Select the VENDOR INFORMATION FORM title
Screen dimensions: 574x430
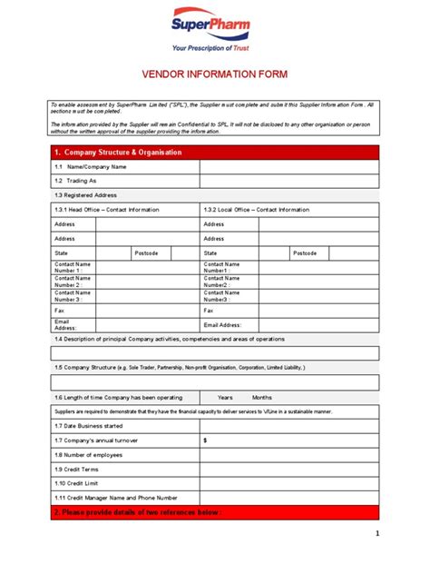pyautogui.click(x=214, y=76)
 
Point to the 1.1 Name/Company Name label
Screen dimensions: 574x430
pyautogui.click(x=90, y=167)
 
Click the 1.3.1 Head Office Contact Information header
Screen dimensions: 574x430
pyautogui.click(x=106, y=210)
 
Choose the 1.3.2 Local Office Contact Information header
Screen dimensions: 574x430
pyautogui.click(x=256, y=210)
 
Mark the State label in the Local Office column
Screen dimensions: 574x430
pyautogui.click(x=210, y=253)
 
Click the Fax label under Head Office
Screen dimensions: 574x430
pyautogui.click(x=59, y=310)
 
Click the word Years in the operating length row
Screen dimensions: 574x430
pyautogui.click(x=225, y=397)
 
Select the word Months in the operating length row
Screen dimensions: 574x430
pyautogui.click(x=262, y=397)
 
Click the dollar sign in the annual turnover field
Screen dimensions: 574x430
pyautogui.click(x=205, y=440)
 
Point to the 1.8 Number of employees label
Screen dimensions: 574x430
pyautogui.click(x=89, y=454)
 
